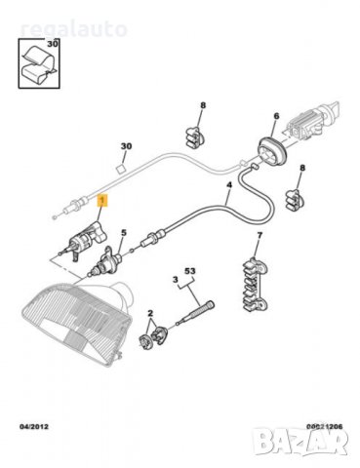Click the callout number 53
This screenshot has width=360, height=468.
pyautogui.click(x=190, y=270)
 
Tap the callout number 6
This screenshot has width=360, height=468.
pyautogui.click(x=276, y=114)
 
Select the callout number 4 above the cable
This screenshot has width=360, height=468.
pyautogui.click(x=228, y=184)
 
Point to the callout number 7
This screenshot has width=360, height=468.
pyautogui.click(x=259, y=238)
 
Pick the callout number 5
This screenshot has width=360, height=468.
pyautogui.click(x=123, y=233)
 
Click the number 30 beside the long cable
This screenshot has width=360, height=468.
pyautogui.click(x=125, y=147)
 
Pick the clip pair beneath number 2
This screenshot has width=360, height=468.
pyautogui.click(x=151, y=338)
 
